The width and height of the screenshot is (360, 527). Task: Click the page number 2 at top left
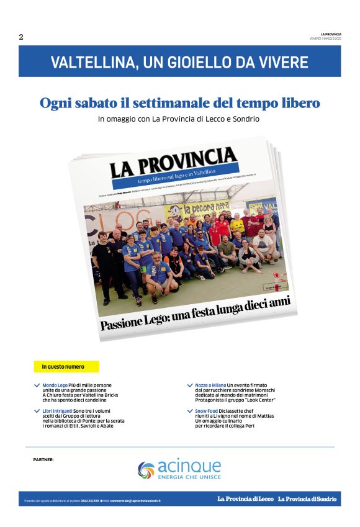point(21,37)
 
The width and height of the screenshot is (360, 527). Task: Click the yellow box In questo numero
point(66,367)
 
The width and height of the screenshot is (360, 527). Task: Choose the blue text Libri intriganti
point(57,411)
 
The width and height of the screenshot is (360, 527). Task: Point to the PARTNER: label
point(43,460)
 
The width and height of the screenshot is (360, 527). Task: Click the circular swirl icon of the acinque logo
point(146,470)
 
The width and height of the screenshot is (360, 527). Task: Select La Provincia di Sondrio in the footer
point(307,499)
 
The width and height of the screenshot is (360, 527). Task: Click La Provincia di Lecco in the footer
point(245,499)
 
